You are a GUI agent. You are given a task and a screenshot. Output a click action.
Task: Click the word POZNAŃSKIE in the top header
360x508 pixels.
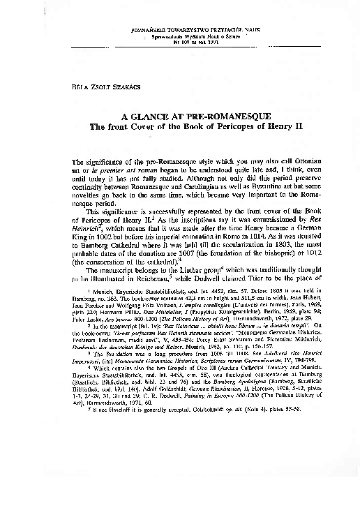click(x=149, y=30)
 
